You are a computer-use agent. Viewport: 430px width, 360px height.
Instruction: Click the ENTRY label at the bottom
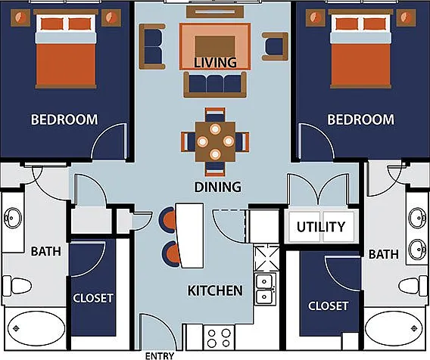(160, 355)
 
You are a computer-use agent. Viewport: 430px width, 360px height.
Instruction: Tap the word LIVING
(215, 63)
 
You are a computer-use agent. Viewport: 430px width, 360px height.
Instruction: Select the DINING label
(218, 187)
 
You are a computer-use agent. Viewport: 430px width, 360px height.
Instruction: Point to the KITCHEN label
(215, 290)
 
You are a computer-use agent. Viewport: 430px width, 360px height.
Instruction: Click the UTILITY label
(321, 227)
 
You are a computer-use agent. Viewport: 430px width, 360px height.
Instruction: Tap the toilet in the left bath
(17, 286)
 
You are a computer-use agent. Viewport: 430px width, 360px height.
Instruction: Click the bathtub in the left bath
(36, 328)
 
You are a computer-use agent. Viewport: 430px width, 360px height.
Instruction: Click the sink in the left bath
(13, 219)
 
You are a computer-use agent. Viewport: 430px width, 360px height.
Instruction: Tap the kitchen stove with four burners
(219, 338)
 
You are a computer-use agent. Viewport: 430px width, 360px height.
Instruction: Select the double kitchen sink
(264, 289)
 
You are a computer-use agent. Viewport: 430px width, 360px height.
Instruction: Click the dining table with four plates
(215, 141)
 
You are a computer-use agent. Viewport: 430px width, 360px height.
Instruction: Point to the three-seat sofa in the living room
(215, 85)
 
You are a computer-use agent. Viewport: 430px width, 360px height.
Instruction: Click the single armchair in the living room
(276, 46)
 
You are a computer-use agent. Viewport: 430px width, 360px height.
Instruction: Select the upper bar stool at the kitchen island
(167, 220)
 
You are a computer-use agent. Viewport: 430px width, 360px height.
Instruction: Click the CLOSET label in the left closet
(93, 298)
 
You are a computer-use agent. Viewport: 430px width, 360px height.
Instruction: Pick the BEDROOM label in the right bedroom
(360, 119)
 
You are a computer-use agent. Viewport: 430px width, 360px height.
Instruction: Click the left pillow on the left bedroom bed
(52, 24)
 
